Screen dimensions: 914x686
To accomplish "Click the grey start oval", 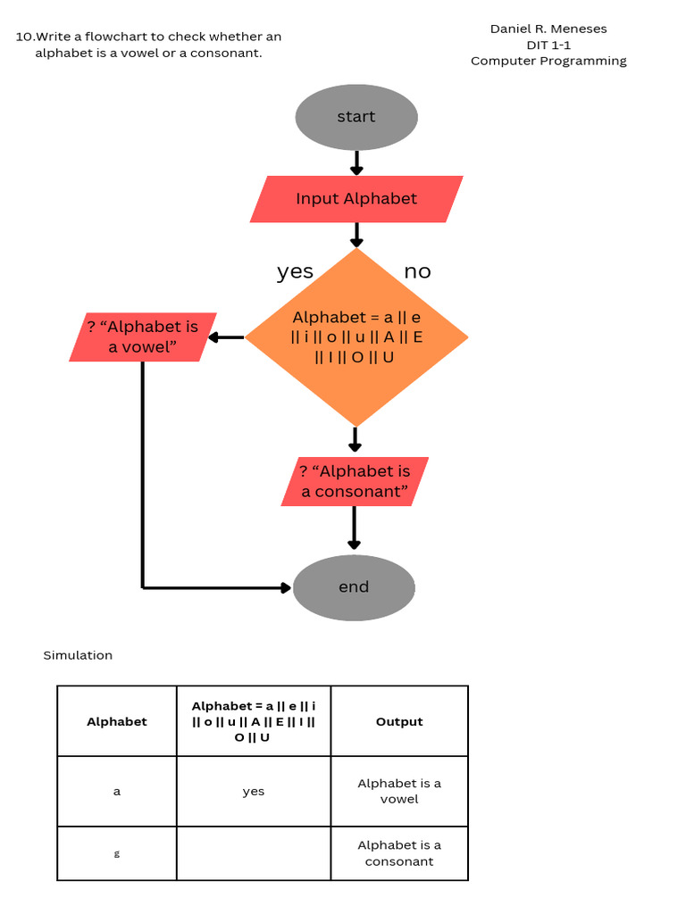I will (356, 117).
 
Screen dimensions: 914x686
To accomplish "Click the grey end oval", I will (354, 586).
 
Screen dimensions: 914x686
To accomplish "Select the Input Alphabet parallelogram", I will (356, 199).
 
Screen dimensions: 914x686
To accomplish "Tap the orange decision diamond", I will (356, 337).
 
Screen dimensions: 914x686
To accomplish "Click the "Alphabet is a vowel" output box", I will (143, 337).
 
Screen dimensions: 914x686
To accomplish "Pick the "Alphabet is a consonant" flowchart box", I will (355, 481).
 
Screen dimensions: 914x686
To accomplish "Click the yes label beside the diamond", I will (295, 271).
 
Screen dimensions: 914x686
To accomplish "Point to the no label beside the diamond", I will (417, 271).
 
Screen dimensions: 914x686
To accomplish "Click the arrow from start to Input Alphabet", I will (356, 162).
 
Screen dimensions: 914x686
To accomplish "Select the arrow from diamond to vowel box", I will (227, 337).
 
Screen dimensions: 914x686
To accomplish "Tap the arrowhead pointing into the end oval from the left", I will (285, 587).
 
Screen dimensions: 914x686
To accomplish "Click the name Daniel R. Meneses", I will (548, 29).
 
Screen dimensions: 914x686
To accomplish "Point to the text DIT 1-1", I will (548, 45).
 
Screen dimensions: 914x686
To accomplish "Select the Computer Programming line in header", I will (548, 61).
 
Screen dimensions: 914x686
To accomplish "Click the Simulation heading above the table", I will (78, 655).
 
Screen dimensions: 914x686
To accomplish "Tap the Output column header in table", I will (399, 721).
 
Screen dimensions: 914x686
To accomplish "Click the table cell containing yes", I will (254, 791).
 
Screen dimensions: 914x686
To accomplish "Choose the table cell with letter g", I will (117, 853).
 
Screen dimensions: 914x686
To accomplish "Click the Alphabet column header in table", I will (117, 721).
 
